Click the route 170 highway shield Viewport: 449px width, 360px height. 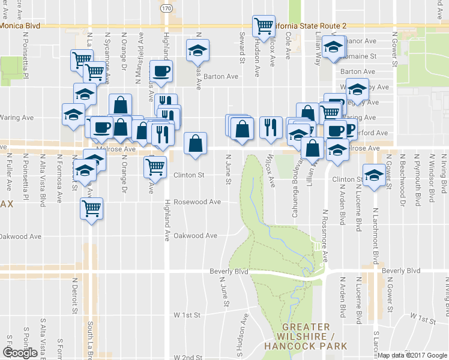click(x=166, y=8)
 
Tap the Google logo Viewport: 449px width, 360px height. click(x=20, y=353)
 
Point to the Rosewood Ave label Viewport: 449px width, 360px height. click(x=197, y=202)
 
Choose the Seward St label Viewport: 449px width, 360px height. click(x=243, y=47)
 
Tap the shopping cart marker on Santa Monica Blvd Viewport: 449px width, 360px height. click(x=264, y=26)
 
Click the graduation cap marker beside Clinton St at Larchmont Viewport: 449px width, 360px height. click(x=375, y=175)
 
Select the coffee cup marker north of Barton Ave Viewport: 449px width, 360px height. click(x=161, y=71)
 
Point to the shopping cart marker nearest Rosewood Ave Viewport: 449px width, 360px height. click(x=92, y=209)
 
